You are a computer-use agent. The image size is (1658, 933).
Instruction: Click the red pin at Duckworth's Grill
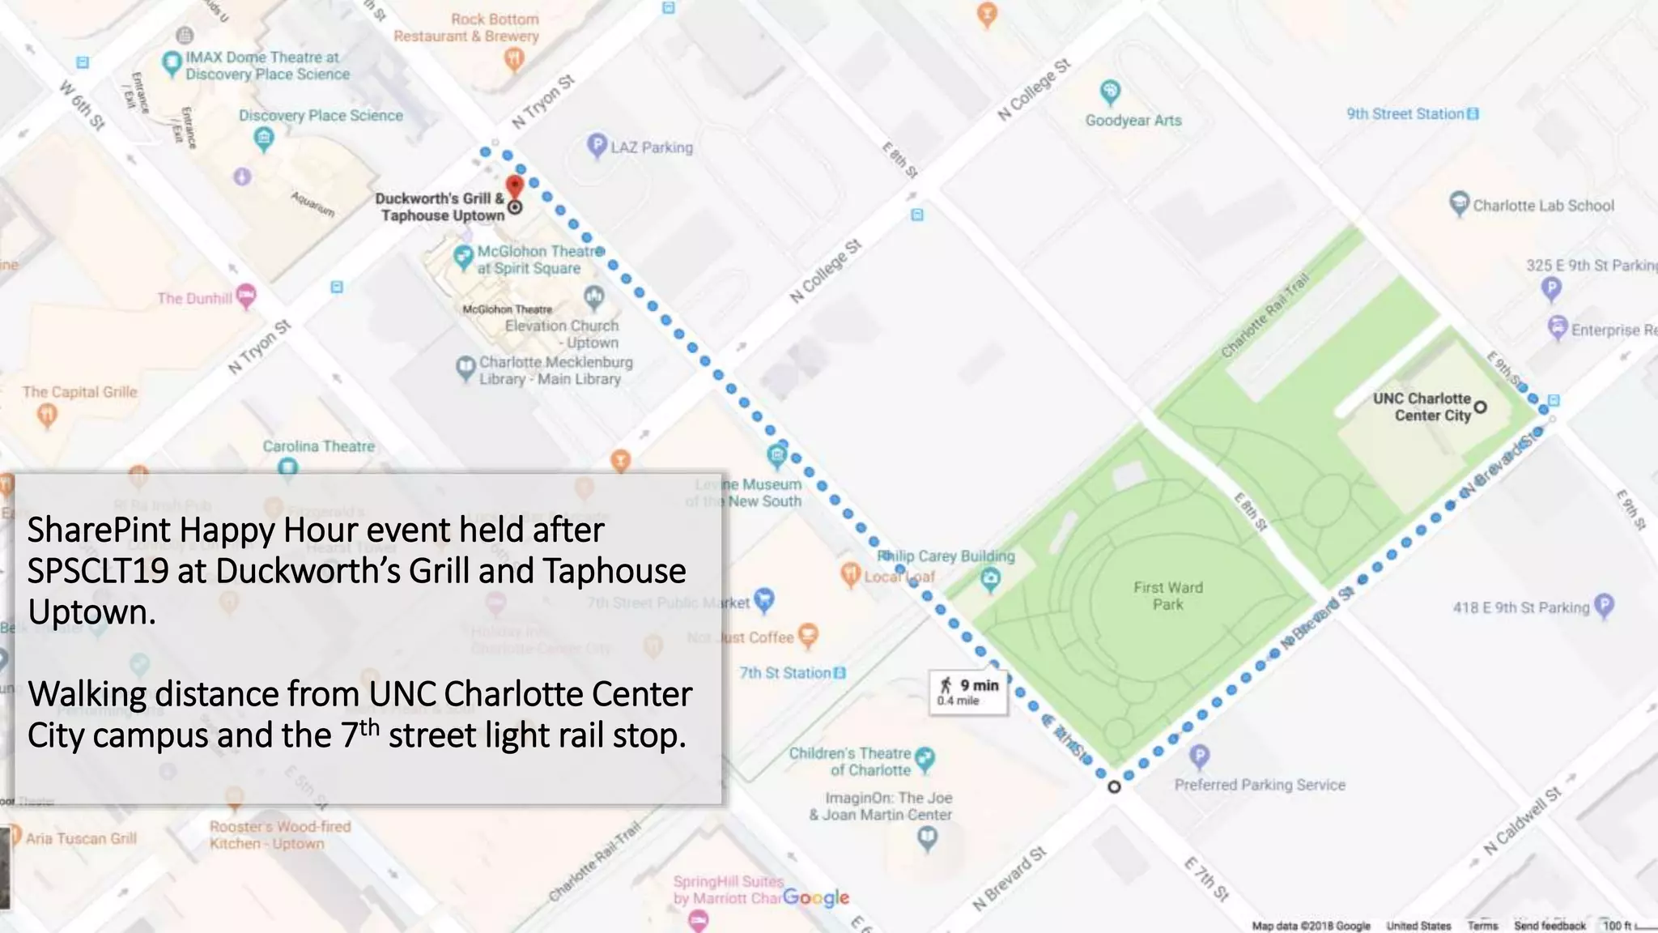pos(514,186)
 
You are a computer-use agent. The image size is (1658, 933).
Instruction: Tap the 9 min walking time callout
pos(969,692)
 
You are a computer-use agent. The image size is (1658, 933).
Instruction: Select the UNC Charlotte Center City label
pos(1422,407)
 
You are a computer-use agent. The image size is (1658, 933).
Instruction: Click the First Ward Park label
pos(1167,595)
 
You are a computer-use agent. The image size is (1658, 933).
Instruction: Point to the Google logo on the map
pos(816,897)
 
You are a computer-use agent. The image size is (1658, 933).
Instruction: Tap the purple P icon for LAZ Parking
pos(597,146)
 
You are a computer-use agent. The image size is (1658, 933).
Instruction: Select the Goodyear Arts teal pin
pos(1110,92)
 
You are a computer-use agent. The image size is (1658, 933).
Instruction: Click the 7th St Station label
pos(784,673)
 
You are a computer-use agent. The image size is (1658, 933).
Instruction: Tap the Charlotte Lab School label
pos(1543,206)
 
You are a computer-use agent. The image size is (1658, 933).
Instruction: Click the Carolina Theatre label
pos(318,446)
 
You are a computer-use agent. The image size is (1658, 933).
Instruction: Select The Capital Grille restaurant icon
pos(47,415)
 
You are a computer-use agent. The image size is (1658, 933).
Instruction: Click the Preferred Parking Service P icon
pos(1199,756)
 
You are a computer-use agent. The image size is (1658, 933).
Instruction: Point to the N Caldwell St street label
pos(1522,820)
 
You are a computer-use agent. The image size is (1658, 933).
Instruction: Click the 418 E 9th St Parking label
pos(1520,607)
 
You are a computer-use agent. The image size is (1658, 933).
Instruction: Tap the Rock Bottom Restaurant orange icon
pos(513,58)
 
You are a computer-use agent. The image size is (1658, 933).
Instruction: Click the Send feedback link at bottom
pos(1550,925)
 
